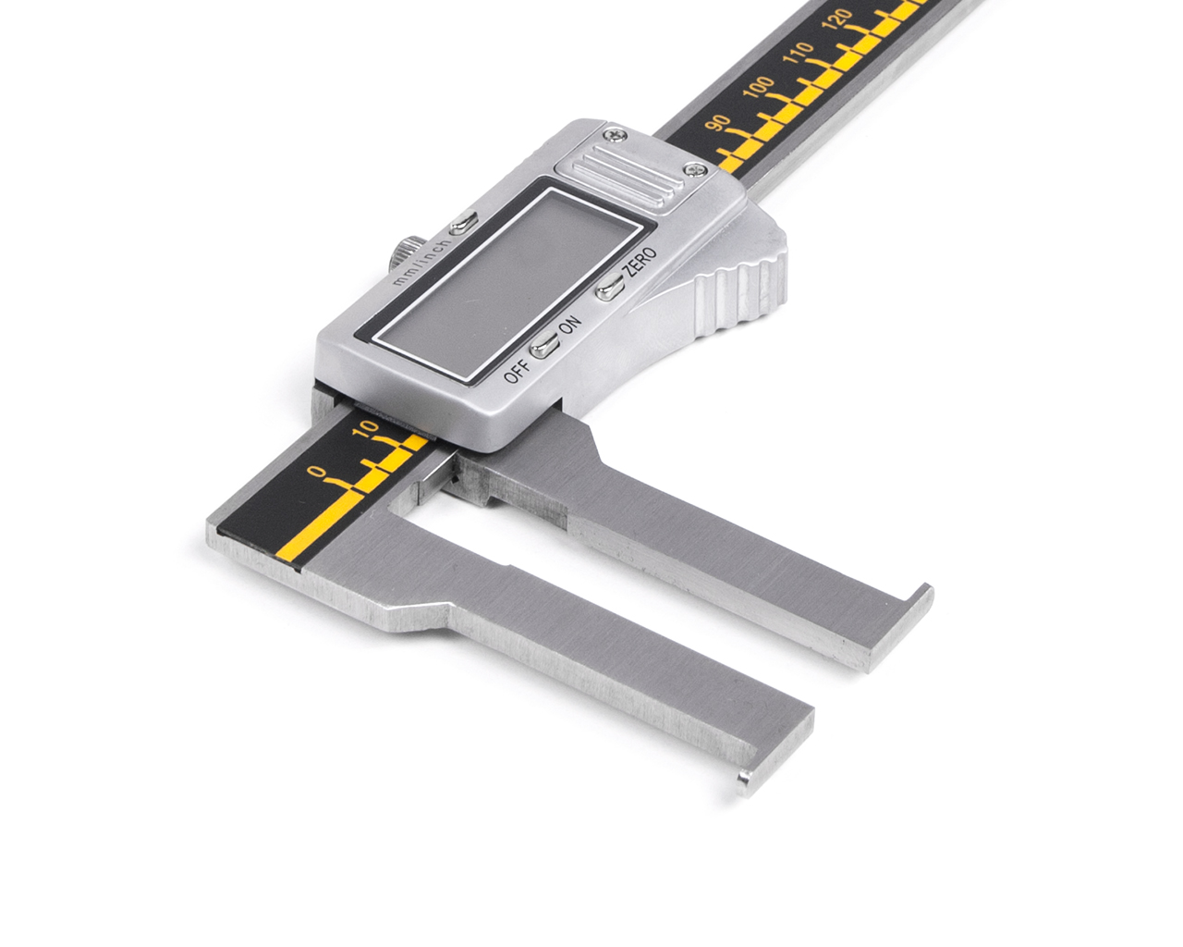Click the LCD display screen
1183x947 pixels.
506,283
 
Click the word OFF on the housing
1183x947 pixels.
517,372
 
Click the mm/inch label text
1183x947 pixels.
421,262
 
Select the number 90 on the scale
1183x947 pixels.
718,123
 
